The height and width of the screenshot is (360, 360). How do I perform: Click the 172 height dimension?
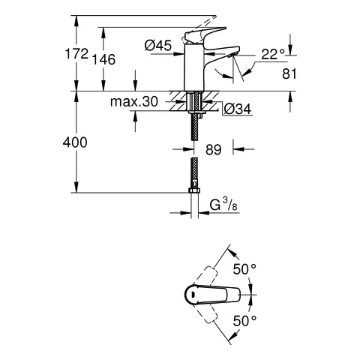coord(76,55)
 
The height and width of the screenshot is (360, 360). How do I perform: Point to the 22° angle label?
coord(273,54)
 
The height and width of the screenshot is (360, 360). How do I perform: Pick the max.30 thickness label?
coord(133,102)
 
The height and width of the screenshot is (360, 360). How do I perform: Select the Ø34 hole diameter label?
coord(237,109)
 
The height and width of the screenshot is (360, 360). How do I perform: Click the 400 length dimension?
coord(76,142)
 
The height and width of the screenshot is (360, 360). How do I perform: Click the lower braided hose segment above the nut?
coord(193,172)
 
